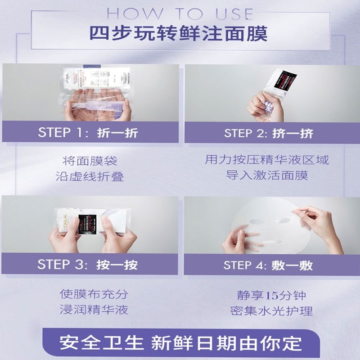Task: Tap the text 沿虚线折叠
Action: (90, 176)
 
